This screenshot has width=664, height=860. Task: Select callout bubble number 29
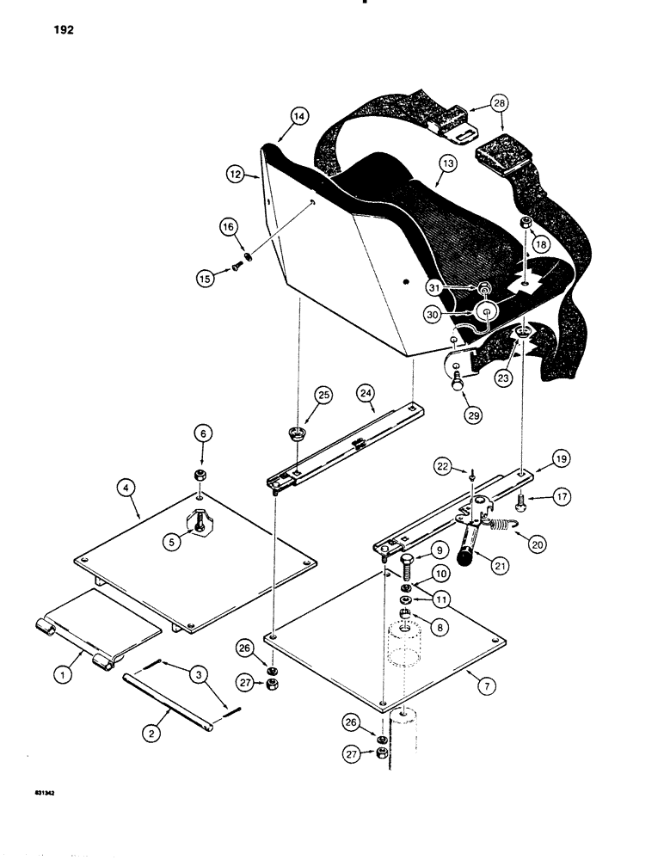(x=470, y=414)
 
